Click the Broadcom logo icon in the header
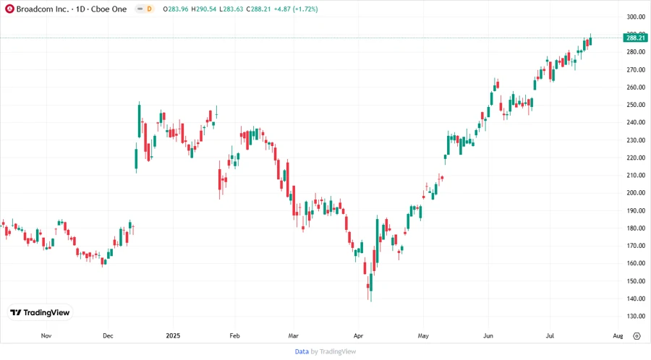point(9,9)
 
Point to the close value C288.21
point(258,9)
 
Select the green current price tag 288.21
point(634,38)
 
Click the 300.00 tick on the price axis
point(636,17)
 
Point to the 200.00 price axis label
point(636,193)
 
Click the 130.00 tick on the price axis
point(636,317)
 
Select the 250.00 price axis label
point(636,105)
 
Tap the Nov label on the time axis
point(46,336)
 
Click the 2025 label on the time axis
point(173,336)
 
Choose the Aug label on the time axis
point(618,336)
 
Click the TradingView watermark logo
point(41,312)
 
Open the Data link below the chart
point(302,351)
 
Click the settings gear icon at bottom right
point(637,336)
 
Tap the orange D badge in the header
point(148,9)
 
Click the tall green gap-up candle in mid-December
point(139,120)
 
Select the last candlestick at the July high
point(591,40)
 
